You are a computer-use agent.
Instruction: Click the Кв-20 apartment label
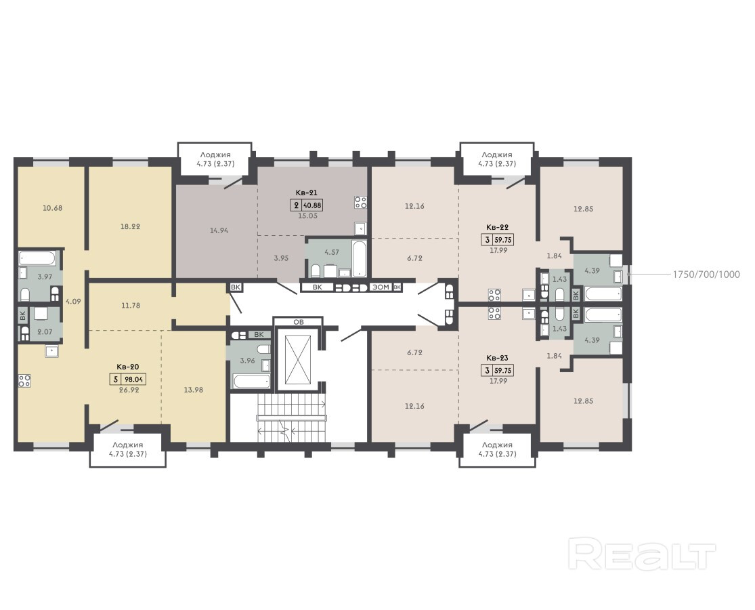127,367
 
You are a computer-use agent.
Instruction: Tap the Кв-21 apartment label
307,192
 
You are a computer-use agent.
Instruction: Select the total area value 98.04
135,379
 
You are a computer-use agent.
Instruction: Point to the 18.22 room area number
130,226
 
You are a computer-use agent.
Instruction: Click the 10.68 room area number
53,208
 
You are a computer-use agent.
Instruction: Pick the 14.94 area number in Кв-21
219,230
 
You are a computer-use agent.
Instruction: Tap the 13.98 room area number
193,390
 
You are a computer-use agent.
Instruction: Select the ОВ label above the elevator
299,322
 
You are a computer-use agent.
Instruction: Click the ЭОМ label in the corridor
381,287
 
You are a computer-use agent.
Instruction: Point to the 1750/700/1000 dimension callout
706,274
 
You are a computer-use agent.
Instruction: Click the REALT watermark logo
642,554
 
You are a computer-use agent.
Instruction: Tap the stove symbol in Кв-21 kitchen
360,203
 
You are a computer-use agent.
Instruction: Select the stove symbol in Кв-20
24,381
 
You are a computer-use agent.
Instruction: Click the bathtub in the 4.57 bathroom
359,259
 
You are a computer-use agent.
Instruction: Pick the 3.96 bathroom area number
247,361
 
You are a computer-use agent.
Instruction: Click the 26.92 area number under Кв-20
129,390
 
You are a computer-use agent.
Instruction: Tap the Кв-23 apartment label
498,358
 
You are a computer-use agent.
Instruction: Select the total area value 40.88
312,205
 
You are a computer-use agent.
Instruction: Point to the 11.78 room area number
131,305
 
